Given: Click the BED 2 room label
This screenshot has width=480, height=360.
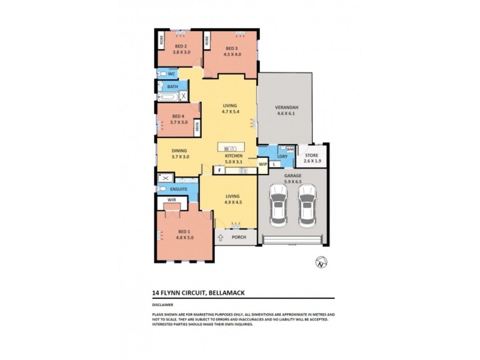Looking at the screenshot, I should click(x=181, y=46).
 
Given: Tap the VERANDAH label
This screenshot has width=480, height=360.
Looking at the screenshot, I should click(x=287, y=108).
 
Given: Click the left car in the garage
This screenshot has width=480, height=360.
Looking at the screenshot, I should click(x=278, y=205).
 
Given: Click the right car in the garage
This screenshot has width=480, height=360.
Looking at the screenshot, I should click(x=307, y=205).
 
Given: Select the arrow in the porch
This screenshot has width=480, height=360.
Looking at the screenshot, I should click(x=221, y=237).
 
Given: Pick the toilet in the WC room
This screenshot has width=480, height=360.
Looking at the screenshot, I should click(x=161, y=74).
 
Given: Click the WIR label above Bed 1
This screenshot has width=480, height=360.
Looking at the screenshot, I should click(x=171, y=199).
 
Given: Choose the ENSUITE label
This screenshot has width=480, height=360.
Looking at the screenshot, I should click(x=178, y=189).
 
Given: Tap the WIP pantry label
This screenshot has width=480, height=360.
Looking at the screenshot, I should click(x=262, y=163).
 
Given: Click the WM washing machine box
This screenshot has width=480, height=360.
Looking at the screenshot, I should click(x=289, y=149).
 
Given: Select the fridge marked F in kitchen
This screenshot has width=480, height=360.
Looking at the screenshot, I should click(x=220, y=170).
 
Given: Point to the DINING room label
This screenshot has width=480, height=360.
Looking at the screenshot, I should click(x=179, y=151).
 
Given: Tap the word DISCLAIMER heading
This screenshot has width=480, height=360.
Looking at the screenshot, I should click(x=164, y=304).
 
